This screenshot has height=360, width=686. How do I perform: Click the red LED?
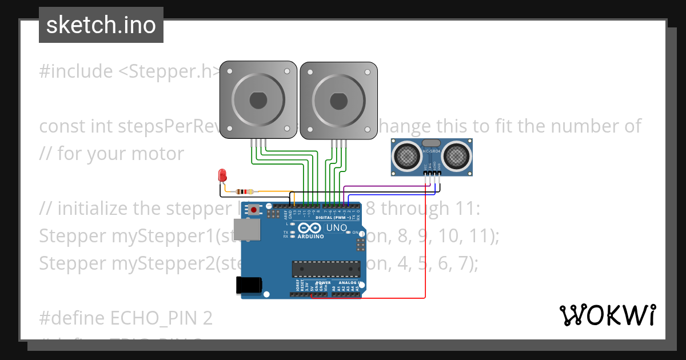click(x=222, y=175)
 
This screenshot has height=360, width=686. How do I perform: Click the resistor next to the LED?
click(x=245, y=191)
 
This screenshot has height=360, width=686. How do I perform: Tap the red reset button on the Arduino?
click(x=253, y=210)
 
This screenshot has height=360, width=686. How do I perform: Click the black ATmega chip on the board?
click(x=326, y=268)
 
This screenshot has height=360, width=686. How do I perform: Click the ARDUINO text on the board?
click(x=311, y=235)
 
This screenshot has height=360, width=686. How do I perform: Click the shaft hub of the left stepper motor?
click(x=258, y=101)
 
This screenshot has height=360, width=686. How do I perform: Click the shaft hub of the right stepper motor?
click(x=338, y=101)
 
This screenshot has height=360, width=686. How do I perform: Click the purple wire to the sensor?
click(x=389, y=186)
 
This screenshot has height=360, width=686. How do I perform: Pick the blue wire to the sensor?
click(x=394, y=195)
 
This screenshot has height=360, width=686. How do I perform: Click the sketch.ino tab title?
click(x=101, y=25)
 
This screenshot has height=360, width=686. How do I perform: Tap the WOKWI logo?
click(x=607, y=315)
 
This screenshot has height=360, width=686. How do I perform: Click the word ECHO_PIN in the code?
click(x=138, y=318)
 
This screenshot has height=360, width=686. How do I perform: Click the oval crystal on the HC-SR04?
click(x=430, y=143)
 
